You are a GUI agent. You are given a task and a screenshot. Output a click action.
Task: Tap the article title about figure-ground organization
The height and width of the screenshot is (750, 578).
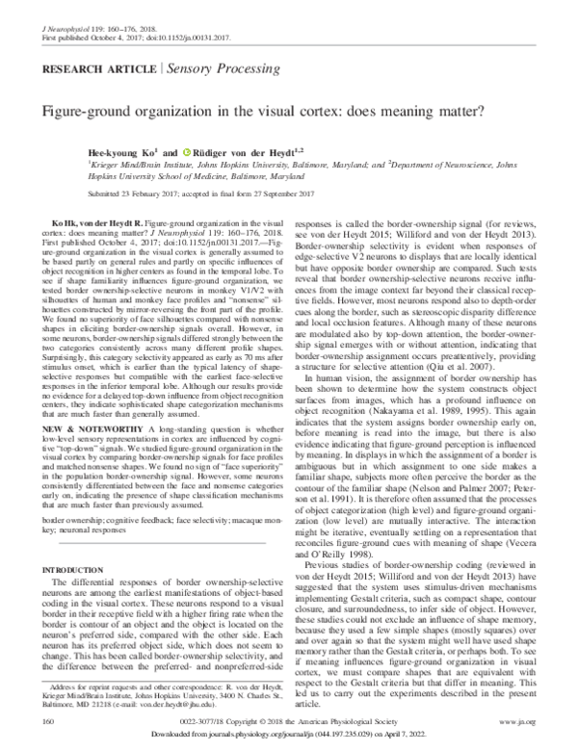click(288, 114)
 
